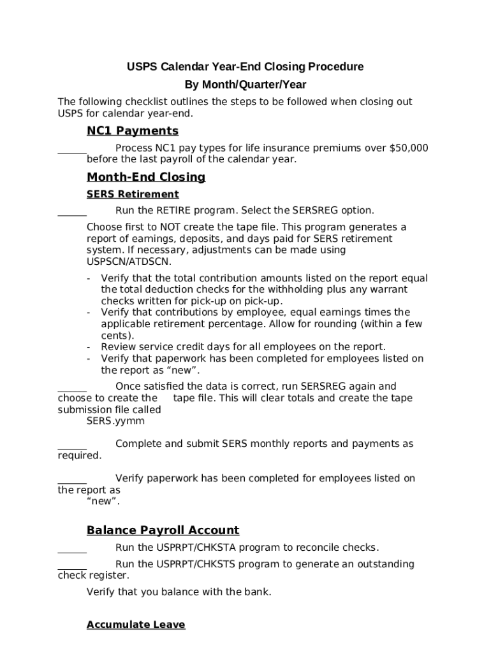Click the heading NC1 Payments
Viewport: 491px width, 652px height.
coord(132,131)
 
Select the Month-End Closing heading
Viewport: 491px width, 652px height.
coord(146,177)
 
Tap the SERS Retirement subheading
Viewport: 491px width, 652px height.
coord(133,194)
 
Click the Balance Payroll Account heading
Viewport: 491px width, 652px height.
coord(163,530)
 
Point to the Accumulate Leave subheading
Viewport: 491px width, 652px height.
coord(136,625)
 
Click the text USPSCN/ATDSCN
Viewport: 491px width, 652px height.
coord(129,262)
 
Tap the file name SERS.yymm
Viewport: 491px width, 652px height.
coord(115,421)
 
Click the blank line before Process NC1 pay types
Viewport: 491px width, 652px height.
coord(72,153)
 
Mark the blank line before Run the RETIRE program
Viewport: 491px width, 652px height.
coord(72,215)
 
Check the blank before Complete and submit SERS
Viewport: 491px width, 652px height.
coord(72,448)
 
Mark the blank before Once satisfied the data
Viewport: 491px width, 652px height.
coord(72,391)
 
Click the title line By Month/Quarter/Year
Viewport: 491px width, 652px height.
coord(246,85)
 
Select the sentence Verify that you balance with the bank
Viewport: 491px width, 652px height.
coord(179,592)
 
